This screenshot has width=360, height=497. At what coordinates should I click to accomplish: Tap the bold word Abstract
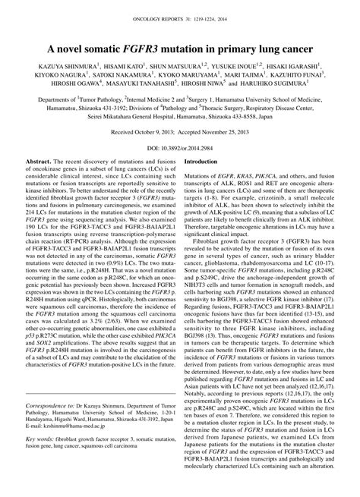39,184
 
